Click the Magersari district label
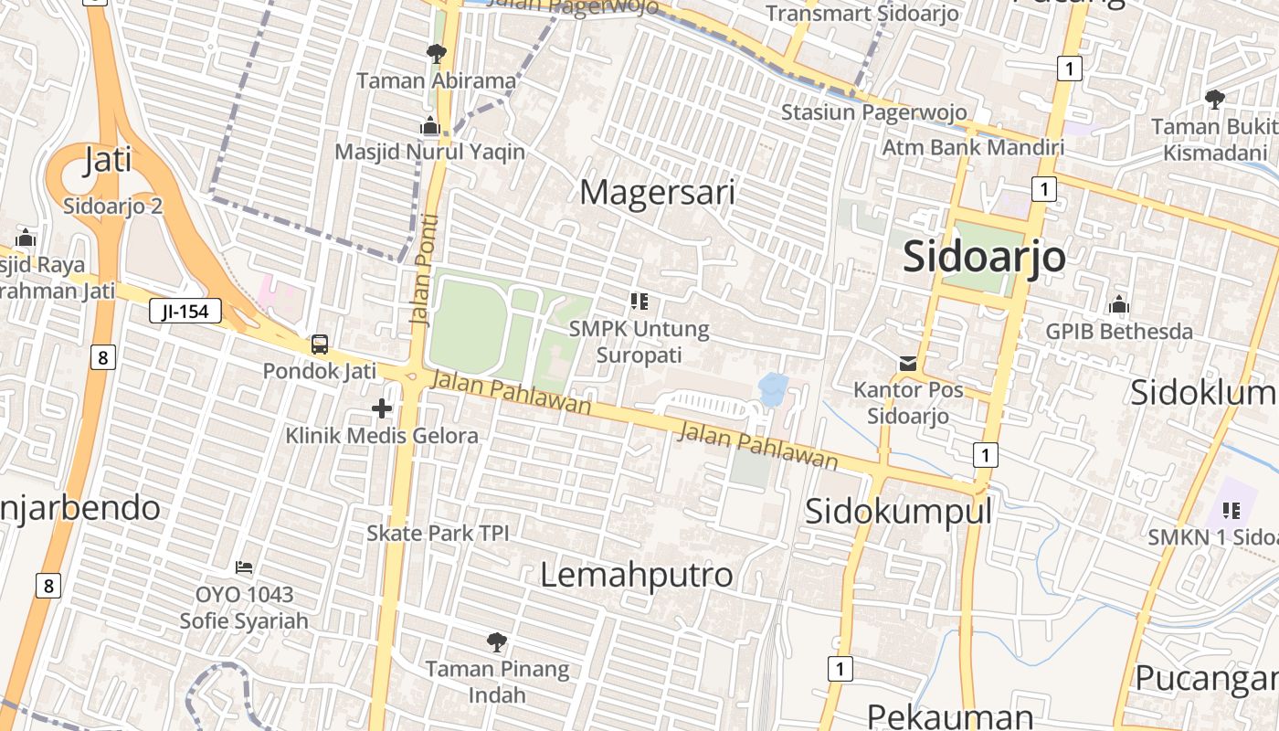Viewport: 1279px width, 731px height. (x=657, y=193)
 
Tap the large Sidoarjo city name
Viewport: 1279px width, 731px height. (x=984, y=257)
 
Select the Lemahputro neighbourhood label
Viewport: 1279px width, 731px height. (x=636, y=575)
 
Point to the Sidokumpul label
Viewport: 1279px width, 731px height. (x=897, y=511)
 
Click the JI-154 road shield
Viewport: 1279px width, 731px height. (x=185, y=312)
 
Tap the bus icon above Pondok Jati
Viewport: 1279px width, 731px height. (x=320, y=344)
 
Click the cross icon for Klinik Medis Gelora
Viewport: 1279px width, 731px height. (x=382, y=408)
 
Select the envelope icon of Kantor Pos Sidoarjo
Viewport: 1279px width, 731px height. (x=907, y=364)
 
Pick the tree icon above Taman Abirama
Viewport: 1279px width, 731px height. (x=437, y=54)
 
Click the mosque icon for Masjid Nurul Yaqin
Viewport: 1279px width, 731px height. (x=429, y=125)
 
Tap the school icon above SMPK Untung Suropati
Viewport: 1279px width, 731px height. (x=639, y=301)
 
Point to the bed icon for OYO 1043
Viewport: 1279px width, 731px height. (x=243, y=567)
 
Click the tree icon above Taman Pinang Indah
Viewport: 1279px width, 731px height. (x=496, y=641)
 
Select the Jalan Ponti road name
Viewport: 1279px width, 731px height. (x=425, y=270)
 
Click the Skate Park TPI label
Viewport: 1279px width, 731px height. (x=438, y=533)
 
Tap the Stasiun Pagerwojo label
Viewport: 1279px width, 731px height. (x=873, y=112)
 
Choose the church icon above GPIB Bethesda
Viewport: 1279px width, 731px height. (x=1119, y=305)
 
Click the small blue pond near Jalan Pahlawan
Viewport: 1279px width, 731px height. (x=773, y=387)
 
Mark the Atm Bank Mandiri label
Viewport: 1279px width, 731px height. (x=973, y=147)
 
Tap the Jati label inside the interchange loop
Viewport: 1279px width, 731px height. (x=108, y=160)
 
